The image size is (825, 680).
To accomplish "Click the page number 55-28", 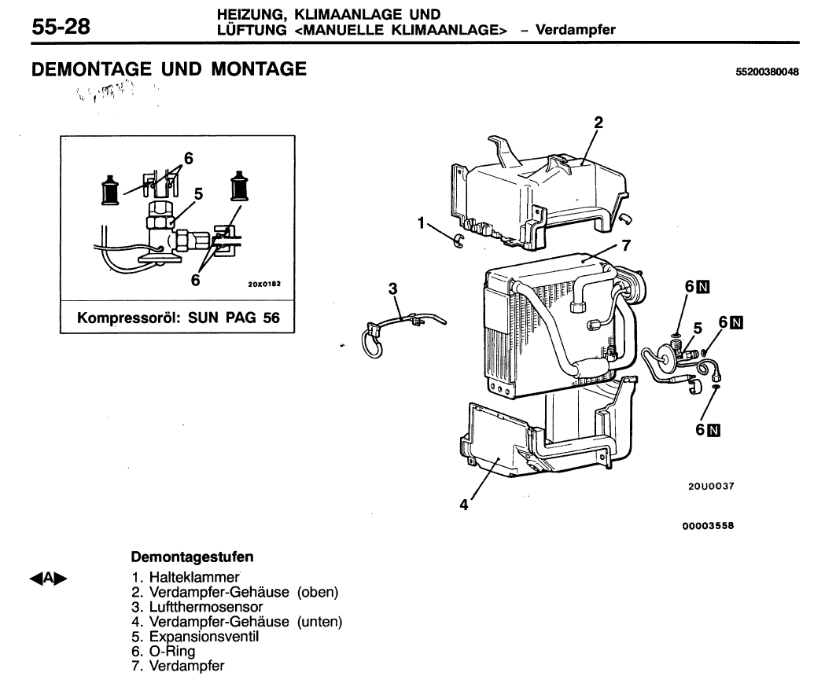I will pyautogui.click(x=61, y=27).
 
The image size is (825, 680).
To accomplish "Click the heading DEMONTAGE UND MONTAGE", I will pyautogui.click(x=168, y=70).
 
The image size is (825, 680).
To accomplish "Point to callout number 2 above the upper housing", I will pyautogui.click(x=598, y=123).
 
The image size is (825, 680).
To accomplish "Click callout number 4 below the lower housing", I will pyautogui.click(x=464, y=505).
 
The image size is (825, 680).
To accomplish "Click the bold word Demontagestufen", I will pyautogui.click(x=192, y=557).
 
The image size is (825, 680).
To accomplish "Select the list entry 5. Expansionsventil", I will pyautogui.click(x=196, y=638).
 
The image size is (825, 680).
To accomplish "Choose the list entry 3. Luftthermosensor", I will pyautogui.click(x=197, y=608).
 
